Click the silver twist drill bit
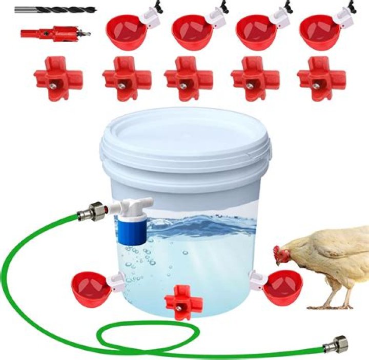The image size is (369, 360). coord(54,9)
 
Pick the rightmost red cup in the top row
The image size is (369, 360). coord(320,32)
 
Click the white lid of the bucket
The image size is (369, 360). coord(186,136)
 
